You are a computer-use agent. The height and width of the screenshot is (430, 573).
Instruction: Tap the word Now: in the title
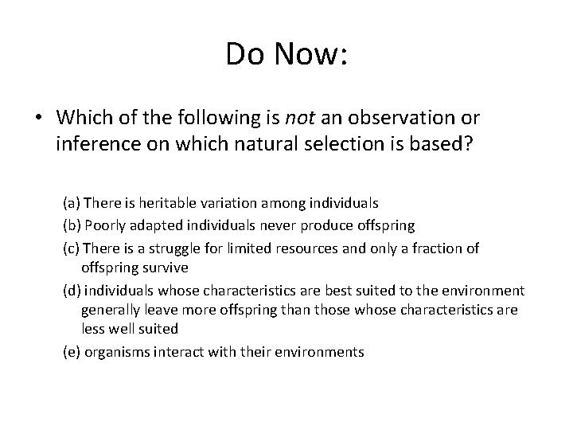[x=310, y=54]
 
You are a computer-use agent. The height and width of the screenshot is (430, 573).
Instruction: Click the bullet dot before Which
[x=39, y=118]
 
